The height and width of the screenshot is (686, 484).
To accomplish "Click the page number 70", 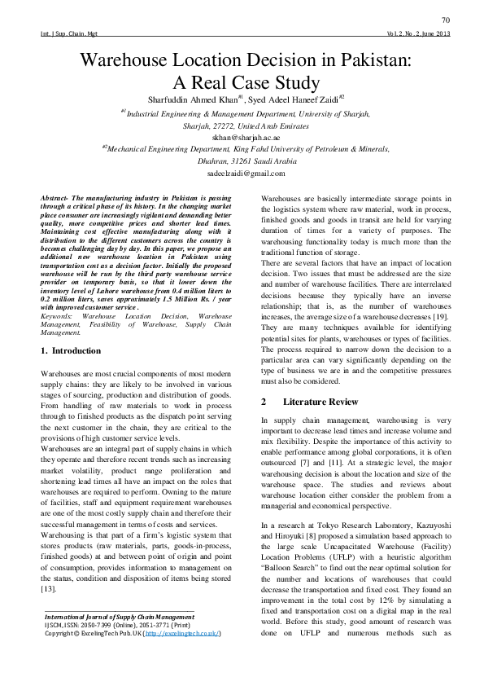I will click(446, 20).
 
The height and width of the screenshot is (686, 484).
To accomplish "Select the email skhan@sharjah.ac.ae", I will click(242, 139).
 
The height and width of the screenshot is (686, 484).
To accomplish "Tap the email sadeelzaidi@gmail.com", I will click(242, 174).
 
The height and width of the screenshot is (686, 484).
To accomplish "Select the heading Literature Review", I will click(320, 402).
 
